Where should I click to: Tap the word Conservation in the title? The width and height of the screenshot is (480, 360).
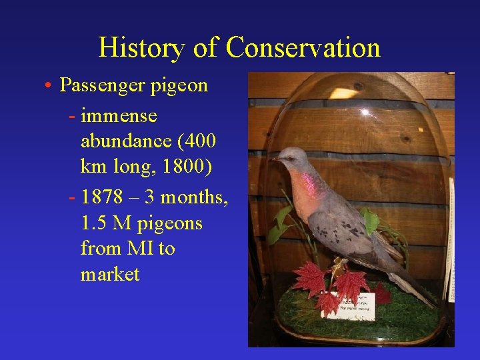pos(303,48)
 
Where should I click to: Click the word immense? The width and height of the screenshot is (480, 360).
pos(119,116)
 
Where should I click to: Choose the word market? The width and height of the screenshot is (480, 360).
pos(110,274)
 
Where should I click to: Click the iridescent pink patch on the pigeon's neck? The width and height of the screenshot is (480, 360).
pos(307,181)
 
